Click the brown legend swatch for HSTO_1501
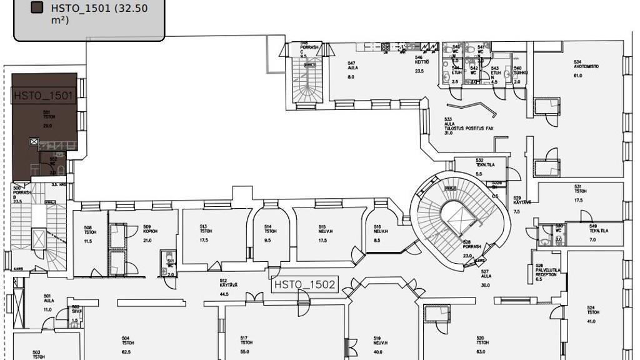[x=37, y=7]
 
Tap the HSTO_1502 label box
[x=306, y=285]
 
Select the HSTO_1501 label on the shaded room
[x=44, y=96]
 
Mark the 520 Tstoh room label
[x=482, y=342]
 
